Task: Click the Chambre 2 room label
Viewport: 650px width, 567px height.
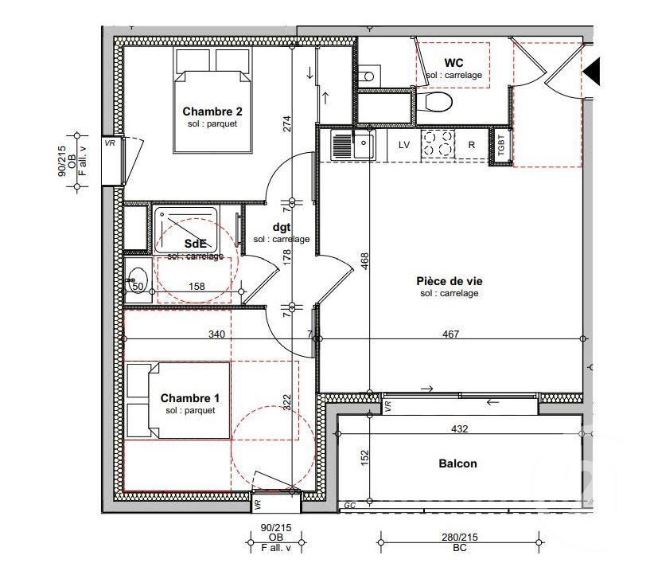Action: (212, 111)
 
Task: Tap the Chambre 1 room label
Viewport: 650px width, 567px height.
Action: (190, 398)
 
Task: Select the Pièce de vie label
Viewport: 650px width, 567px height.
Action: (450, 281)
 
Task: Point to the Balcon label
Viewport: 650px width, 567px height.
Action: (457, 463)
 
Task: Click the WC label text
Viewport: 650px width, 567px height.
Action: (454, 63)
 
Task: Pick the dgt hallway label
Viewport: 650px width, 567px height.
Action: (282, 228)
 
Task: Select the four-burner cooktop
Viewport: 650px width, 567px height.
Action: (438, 143)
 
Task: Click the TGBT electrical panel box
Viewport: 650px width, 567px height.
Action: (500, 146)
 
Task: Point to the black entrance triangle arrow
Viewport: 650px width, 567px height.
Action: (592, 72)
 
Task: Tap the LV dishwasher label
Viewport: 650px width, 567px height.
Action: (403, 145)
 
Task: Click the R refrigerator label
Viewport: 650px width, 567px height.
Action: (471, 145)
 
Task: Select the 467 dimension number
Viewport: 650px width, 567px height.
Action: (450, 334)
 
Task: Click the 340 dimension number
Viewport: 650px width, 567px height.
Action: (216, 334)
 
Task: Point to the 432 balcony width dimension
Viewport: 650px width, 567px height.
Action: (459, 428)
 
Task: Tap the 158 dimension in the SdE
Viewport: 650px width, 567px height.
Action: (197, 286)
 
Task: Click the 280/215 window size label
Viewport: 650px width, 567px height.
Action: (460, 537)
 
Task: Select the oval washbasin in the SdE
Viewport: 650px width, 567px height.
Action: (138, 277)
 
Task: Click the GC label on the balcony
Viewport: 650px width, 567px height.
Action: (350, 506)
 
